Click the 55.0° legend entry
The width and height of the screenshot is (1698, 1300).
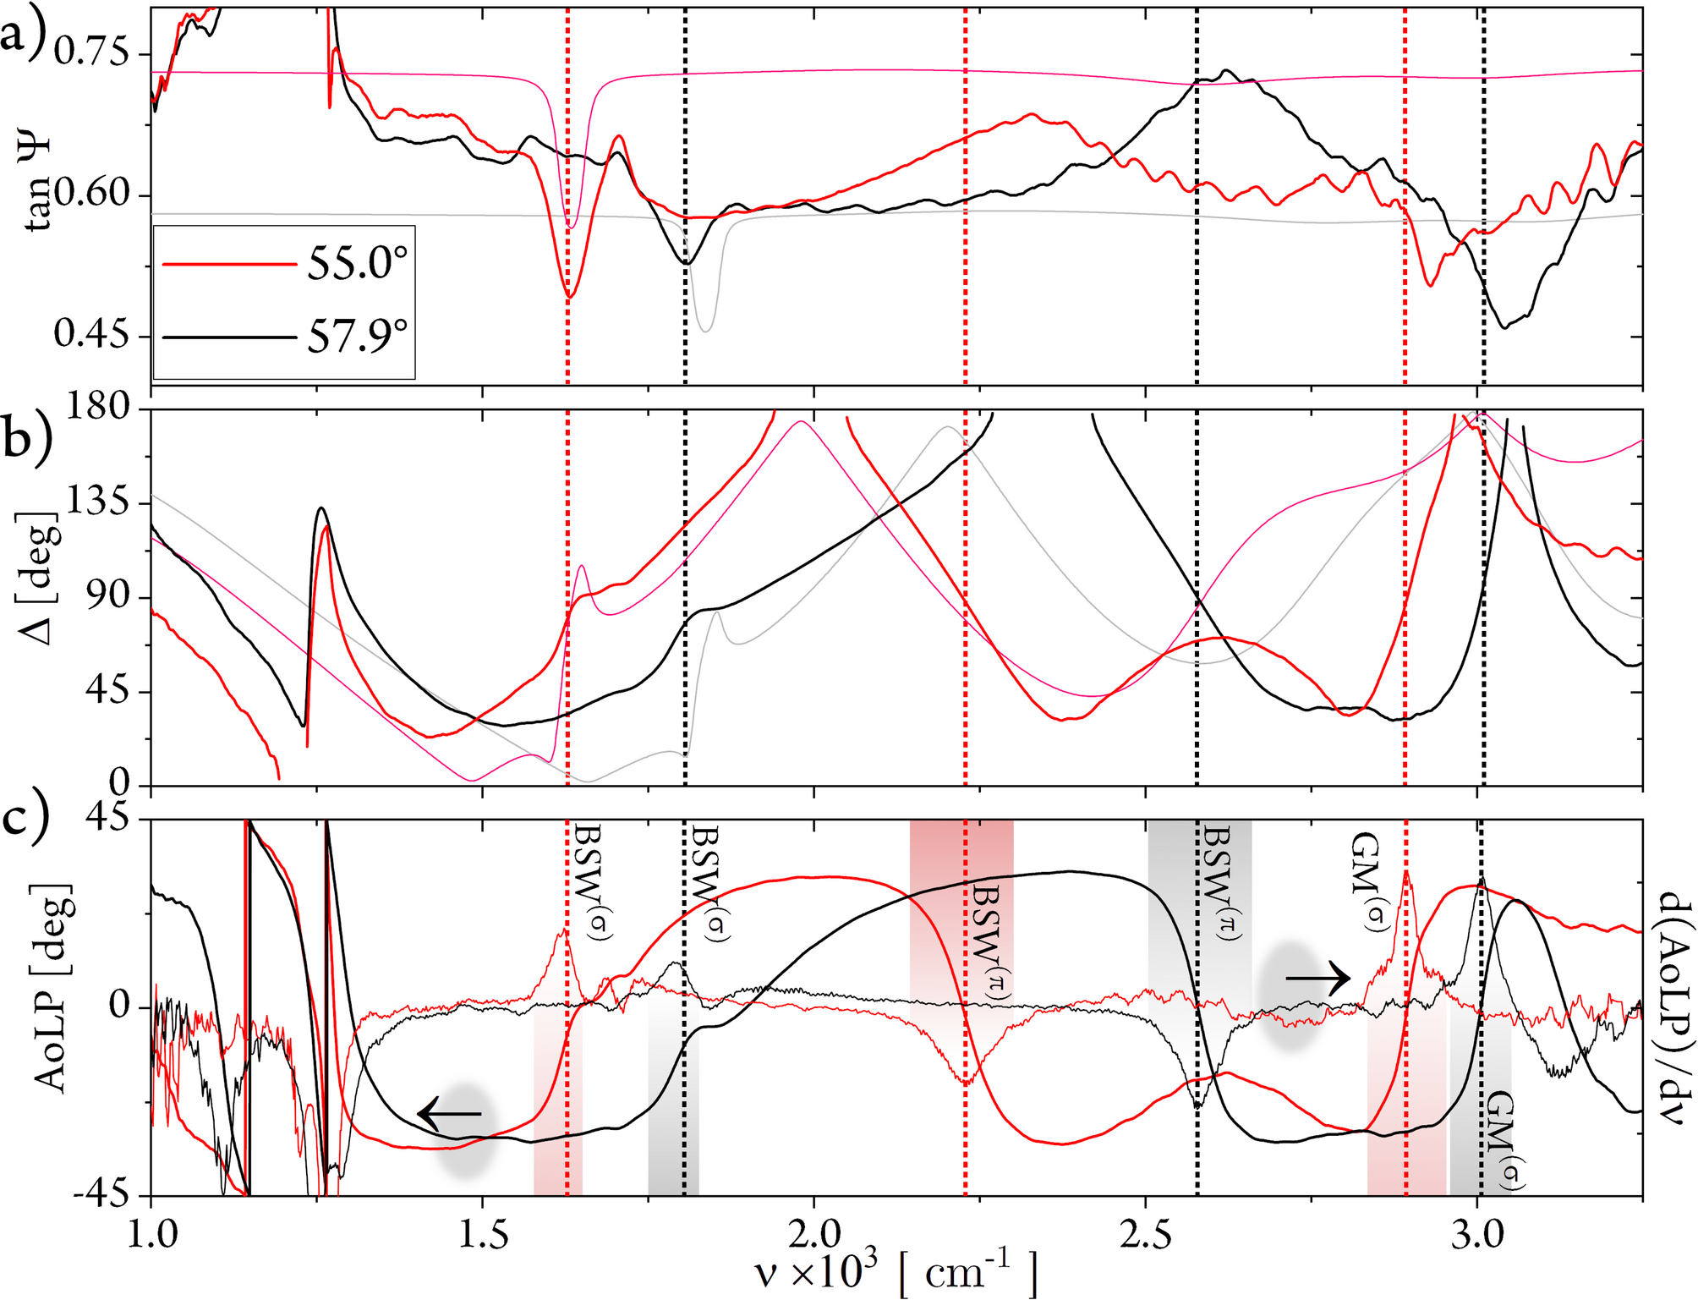coord(355,265)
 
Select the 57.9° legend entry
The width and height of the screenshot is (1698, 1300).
coord(355,337)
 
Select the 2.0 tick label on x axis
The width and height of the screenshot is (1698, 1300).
coord(813,1236)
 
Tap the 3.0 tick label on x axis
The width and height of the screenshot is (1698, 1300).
coord(1477,1236)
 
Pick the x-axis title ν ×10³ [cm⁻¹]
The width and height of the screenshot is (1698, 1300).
coord(896,1273)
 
